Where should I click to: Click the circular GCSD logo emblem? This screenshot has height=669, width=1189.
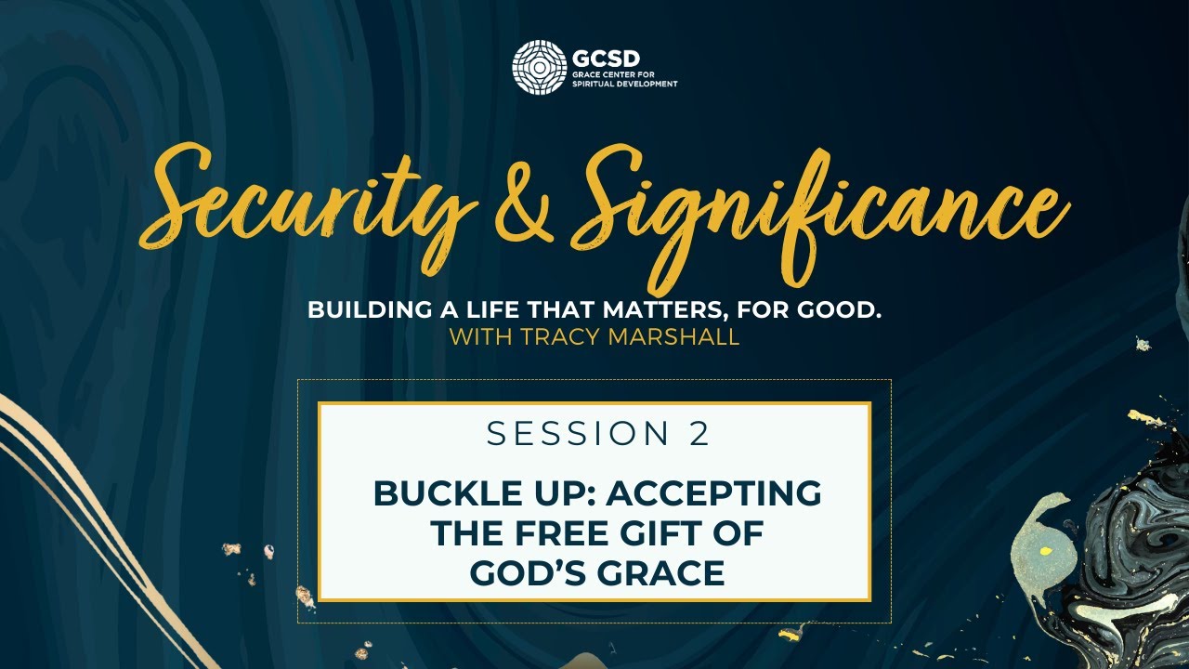pos(539,67)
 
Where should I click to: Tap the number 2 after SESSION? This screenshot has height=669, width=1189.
pos(699,434)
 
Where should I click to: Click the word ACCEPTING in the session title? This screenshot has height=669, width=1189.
pos(713,493)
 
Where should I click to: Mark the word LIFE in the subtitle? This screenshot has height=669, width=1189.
pos(517,310)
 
